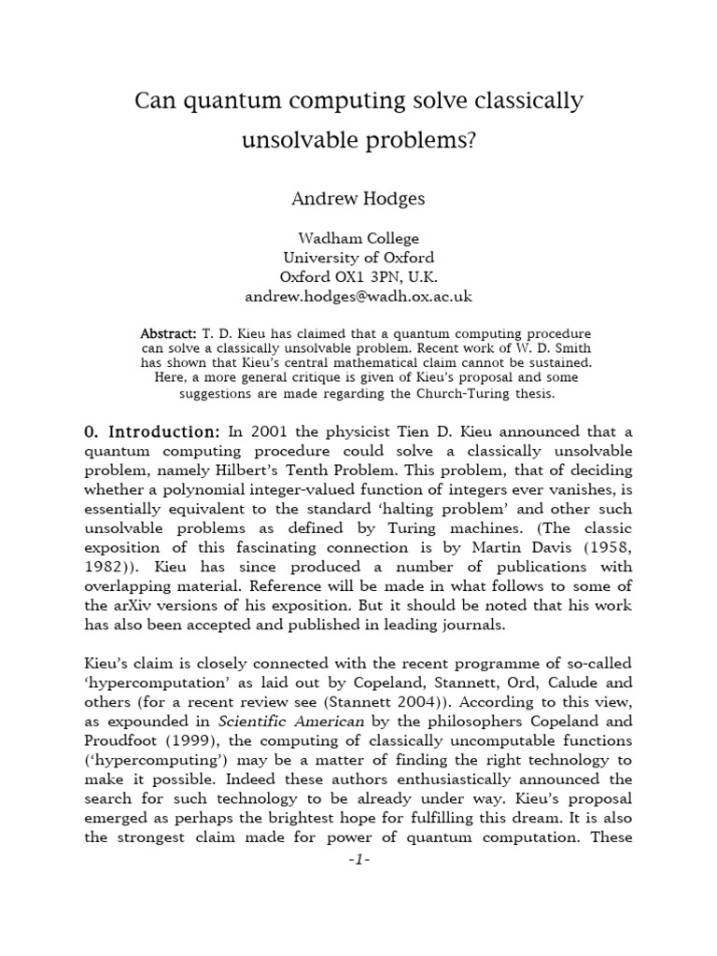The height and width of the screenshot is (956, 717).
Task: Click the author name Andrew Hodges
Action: point(358,198)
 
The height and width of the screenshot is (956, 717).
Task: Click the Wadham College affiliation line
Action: point(358,238)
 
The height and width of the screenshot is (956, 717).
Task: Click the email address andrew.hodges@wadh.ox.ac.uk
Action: point(358,297)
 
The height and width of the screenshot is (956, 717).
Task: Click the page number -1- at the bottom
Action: point(358,859)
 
